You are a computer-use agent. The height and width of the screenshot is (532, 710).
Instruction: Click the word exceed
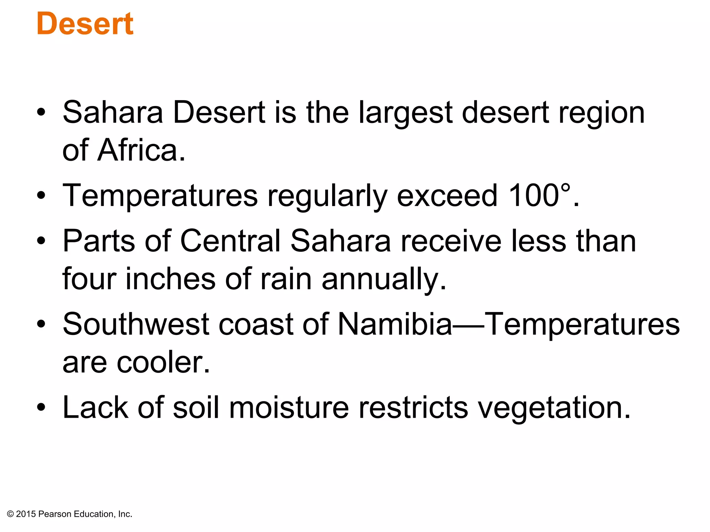pos(448,195)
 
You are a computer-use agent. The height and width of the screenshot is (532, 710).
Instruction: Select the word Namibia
pos(395,324)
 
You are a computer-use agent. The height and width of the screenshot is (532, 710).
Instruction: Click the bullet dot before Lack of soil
pos(41,408)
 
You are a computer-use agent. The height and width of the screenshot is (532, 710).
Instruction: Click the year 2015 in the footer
pos(26,514)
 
